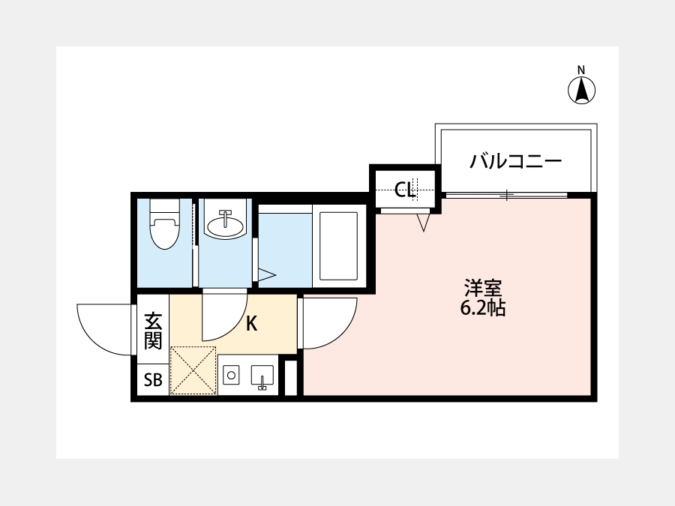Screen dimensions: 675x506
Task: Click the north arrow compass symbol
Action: tap(581, 91)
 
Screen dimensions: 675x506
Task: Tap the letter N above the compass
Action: tap(581, 70)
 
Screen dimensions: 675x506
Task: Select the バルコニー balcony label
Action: tap(516, 162)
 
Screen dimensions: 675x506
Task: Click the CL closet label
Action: tap(405, 190)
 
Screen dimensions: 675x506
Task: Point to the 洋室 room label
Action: tap(483, 288)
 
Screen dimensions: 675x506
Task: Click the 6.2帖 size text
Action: tap(483, 308)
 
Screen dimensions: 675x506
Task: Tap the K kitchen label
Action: tap(251, 324)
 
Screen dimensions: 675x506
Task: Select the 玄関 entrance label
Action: tap(153, 331)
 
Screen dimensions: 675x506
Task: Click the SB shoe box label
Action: tap(153, 380)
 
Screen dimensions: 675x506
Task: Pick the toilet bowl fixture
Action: tap(164, 223)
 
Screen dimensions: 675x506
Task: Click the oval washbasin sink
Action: tap(225, 225)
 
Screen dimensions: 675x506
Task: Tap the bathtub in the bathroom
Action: tap(339, 246)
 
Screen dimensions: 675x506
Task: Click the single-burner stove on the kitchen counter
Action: tap(231, 375)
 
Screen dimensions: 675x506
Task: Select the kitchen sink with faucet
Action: tap(262, 377)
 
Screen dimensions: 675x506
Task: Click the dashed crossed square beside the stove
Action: tap(193, 370)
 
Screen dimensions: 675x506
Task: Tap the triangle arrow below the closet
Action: tap(424, 223)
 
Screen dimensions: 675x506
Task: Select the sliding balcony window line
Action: tap(506, 195)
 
